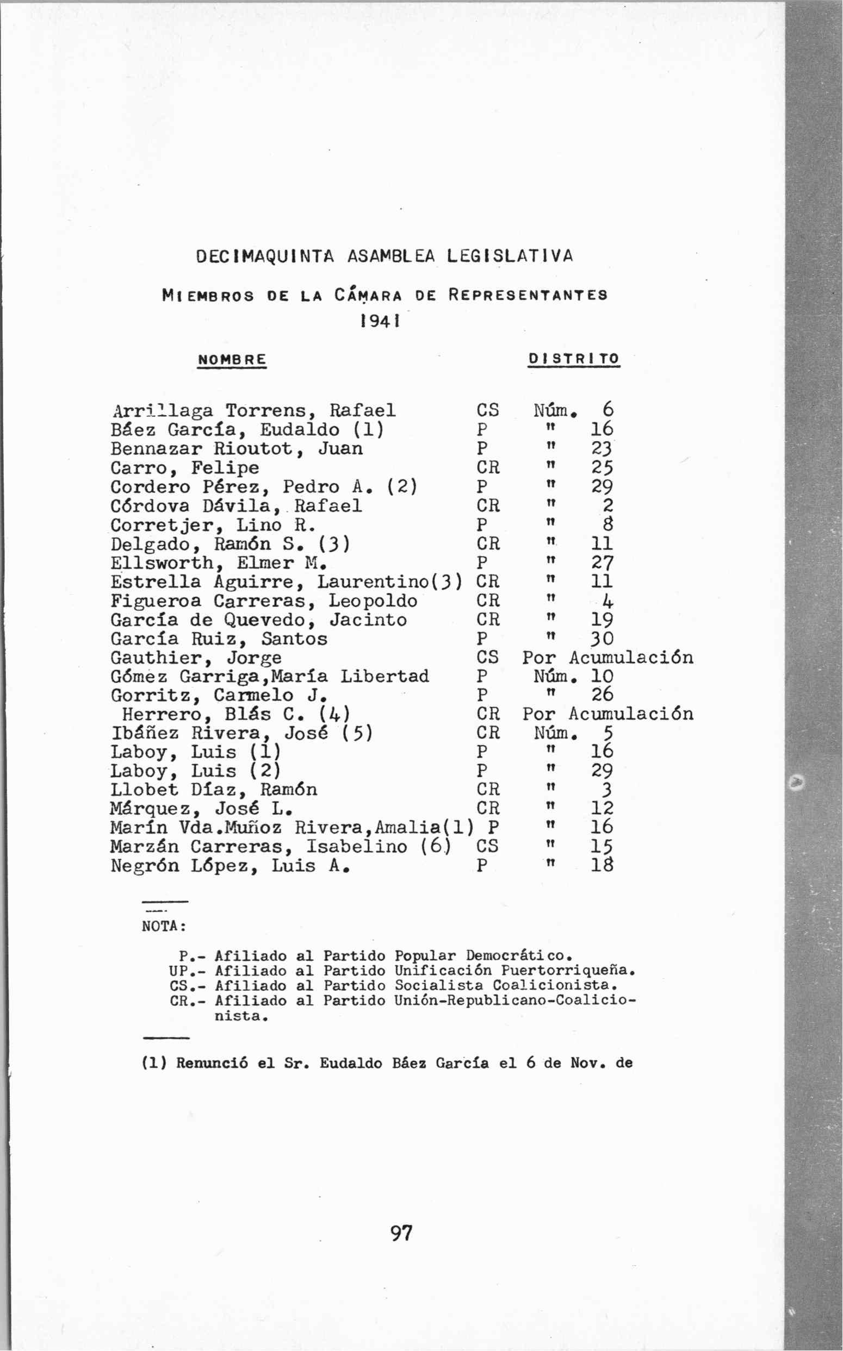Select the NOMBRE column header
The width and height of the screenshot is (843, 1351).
point(232,359)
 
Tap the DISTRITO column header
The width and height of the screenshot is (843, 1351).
point(574,358)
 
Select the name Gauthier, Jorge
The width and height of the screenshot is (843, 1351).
point(196,658)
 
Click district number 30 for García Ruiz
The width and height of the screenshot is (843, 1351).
point(602,639)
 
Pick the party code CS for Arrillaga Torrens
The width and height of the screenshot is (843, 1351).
point(488,411)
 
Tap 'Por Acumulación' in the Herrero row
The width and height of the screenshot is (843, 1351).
point(608,714)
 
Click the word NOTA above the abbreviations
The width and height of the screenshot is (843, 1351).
point(162,926)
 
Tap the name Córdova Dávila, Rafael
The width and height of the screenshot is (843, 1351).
point(236,506)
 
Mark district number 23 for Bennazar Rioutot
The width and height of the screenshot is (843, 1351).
point(602,448)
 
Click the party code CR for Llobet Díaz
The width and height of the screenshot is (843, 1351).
point(488,790)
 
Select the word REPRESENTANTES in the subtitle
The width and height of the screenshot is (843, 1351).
point(528,295)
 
